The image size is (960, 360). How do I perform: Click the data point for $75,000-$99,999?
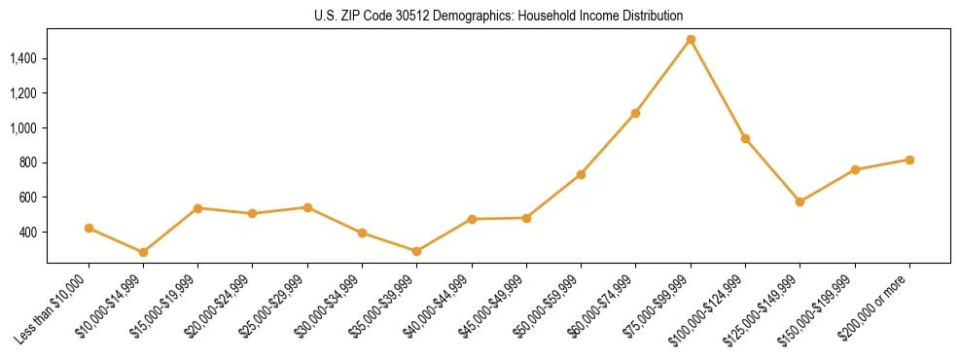(691, 40)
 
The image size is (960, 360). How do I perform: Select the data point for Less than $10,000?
(89, 229)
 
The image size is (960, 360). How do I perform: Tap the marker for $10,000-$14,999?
(143, 252)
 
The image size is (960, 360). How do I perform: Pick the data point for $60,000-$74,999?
(635, 113)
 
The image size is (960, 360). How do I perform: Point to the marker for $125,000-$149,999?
(800, 201)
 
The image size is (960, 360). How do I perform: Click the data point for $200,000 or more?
(909, 160)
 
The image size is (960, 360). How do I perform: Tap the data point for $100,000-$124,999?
(745, 138)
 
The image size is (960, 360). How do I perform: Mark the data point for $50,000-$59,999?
(581, 174)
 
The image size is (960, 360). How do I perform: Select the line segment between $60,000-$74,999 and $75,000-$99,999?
(662, 77)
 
